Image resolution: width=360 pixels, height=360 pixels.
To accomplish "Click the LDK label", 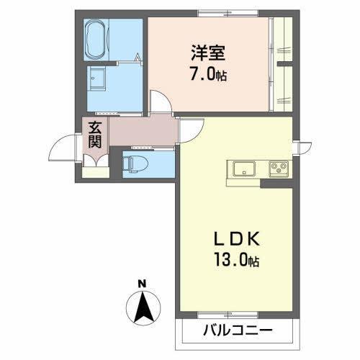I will click(x=233, y=240).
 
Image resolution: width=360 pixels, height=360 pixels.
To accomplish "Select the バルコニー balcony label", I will click(x=237, y=332).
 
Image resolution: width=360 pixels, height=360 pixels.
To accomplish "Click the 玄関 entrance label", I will click(x=95, y=135).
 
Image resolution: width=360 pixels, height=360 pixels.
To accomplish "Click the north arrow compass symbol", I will click(x=143, y=307).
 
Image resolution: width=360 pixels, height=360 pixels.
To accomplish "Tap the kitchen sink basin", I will click(x=243, y=169).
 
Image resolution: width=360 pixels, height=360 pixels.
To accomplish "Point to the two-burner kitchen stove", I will click(x=279, y=169).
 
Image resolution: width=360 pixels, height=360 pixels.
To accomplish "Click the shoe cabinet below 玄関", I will click(x=94, y=170).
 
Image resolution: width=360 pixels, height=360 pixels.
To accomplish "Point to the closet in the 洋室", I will click(x=282, y=65).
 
